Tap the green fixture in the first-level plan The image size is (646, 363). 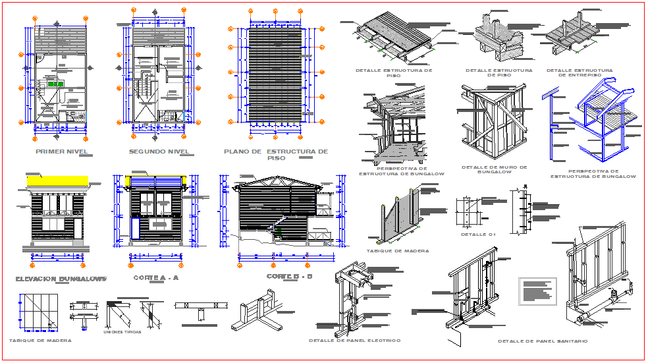click(55, 84)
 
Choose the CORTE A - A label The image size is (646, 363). click(155, 278)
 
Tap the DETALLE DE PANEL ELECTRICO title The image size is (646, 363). click(354, 341)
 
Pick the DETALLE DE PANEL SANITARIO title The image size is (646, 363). click(543, 341)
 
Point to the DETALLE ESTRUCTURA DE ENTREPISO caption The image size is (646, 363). click(579, 72)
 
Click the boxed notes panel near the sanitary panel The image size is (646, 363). click(537, 291)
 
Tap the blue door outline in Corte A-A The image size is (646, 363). click(136, 228)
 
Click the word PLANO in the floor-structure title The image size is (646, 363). click(234, 152)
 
